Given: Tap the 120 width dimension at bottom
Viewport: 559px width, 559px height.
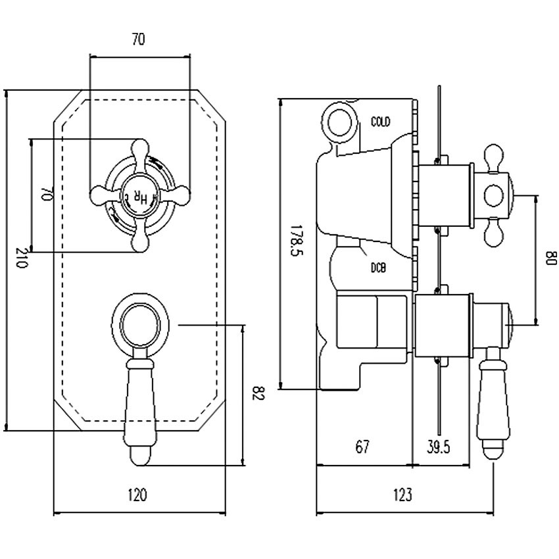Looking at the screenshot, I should click(x=139, y=495).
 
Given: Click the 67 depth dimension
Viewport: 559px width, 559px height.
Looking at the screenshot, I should click(x=362, y=447).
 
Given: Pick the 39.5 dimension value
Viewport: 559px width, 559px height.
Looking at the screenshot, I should click(x=438, y=447).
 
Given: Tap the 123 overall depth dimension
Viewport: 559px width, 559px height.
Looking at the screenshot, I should click(x=402, y=495).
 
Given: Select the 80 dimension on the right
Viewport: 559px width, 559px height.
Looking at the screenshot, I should click(x=550, y=259).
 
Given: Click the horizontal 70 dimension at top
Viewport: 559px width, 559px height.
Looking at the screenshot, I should click(x=138, y=39).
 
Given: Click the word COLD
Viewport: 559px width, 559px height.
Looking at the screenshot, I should click(x=380, y=122).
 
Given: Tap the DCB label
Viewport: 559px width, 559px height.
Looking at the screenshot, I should click(x=377, y=268).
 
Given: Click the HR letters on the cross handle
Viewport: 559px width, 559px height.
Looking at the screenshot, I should click(x=140, y=195).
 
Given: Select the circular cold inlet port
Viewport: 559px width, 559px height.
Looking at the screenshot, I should click(x=340, y=120).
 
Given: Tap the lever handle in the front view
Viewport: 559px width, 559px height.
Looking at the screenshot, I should click(x=140, y=408).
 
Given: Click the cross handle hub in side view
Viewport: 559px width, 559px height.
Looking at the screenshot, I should click(x=493, y=195).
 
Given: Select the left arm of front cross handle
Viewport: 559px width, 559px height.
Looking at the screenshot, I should click(x=102, y=194).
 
